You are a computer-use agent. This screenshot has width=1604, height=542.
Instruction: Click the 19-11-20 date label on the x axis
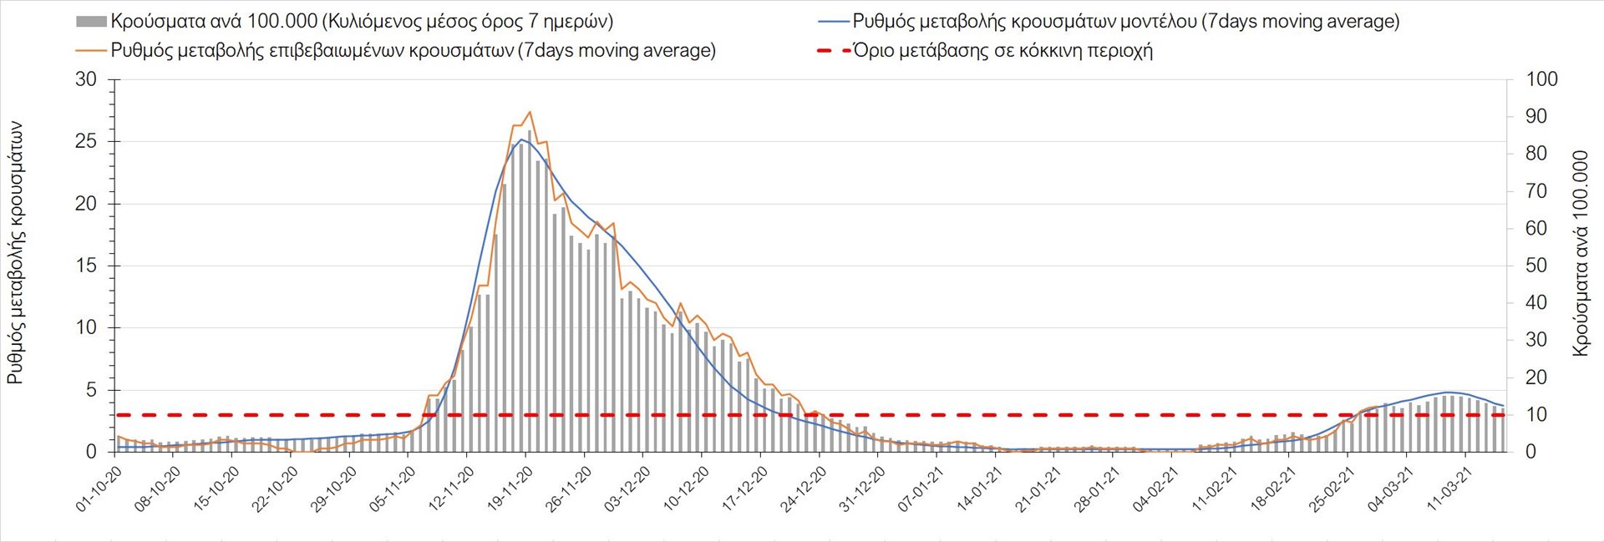511,489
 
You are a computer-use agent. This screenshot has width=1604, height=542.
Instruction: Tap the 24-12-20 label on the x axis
805,489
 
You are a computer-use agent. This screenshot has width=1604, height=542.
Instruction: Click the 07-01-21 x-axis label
922,489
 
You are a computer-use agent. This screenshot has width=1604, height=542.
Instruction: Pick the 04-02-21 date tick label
1157,489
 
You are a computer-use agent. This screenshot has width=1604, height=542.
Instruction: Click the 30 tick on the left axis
86,80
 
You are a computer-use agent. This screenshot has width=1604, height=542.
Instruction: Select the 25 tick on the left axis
86,142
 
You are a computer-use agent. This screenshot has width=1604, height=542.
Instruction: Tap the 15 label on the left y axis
86,266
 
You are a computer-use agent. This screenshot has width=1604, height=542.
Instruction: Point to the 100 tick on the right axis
1541,80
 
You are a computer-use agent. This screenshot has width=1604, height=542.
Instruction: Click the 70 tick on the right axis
1536,191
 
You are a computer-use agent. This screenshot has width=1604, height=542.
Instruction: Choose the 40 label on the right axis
1536,303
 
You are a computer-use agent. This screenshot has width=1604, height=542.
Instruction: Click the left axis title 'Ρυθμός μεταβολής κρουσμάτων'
15,254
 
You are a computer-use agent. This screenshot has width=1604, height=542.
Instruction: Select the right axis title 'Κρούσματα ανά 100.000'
1580,254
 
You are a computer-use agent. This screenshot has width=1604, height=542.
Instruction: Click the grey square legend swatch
91,22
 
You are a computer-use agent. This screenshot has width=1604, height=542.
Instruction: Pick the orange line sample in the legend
91,50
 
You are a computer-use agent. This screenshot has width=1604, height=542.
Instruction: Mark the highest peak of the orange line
530,112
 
